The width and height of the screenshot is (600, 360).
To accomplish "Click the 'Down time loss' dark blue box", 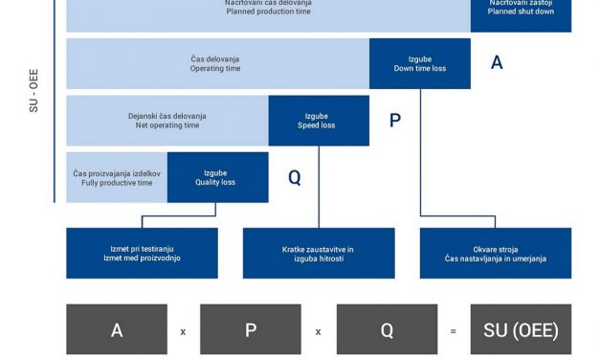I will pos(419,63).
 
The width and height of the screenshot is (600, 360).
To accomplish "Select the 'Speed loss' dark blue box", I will pos(318,121).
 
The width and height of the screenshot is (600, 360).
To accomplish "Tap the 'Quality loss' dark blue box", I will pos(217,177).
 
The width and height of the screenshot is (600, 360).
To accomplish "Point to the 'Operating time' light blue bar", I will pos(217,63).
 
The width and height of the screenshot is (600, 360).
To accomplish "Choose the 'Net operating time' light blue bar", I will pos(167,121).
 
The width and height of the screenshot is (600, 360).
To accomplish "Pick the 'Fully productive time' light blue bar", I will pos(117,177).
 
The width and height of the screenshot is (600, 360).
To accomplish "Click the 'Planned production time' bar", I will pos(268,10).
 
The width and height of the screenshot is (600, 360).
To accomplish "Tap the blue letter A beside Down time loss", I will pos(497,63).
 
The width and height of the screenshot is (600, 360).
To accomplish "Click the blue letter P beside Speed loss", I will pos(395,121).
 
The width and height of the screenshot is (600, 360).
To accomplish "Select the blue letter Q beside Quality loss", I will pos(294,177).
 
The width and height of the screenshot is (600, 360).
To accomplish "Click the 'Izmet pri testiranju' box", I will pos(142,253).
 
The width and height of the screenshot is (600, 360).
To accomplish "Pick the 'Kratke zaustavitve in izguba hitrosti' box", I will pos(318,253).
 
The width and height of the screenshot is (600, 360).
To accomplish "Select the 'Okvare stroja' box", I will pos(495,253).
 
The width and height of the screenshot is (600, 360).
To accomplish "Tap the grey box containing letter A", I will pos(117,330).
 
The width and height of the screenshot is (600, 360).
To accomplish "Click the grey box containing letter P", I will pos(251,330).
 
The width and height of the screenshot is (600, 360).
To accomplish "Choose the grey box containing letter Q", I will pos(387,330).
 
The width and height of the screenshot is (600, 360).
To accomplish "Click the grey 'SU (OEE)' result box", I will pos(521,330).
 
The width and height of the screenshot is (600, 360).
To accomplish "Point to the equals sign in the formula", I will pos(454,331).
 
